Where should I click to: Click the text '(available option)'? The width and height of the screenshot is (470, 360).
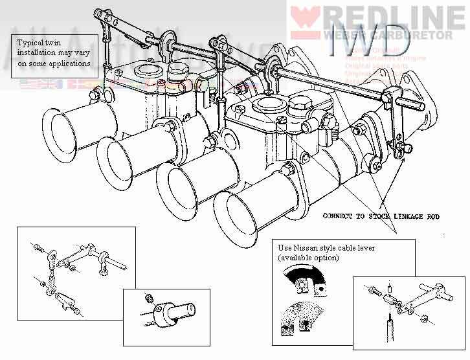tap(309, 258)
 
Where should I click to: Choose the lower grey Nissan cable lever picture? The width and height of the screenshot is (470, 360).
tap(306, 317)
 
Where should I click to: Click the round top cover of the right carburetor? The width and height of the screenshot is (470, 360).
tap(267, 104)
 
